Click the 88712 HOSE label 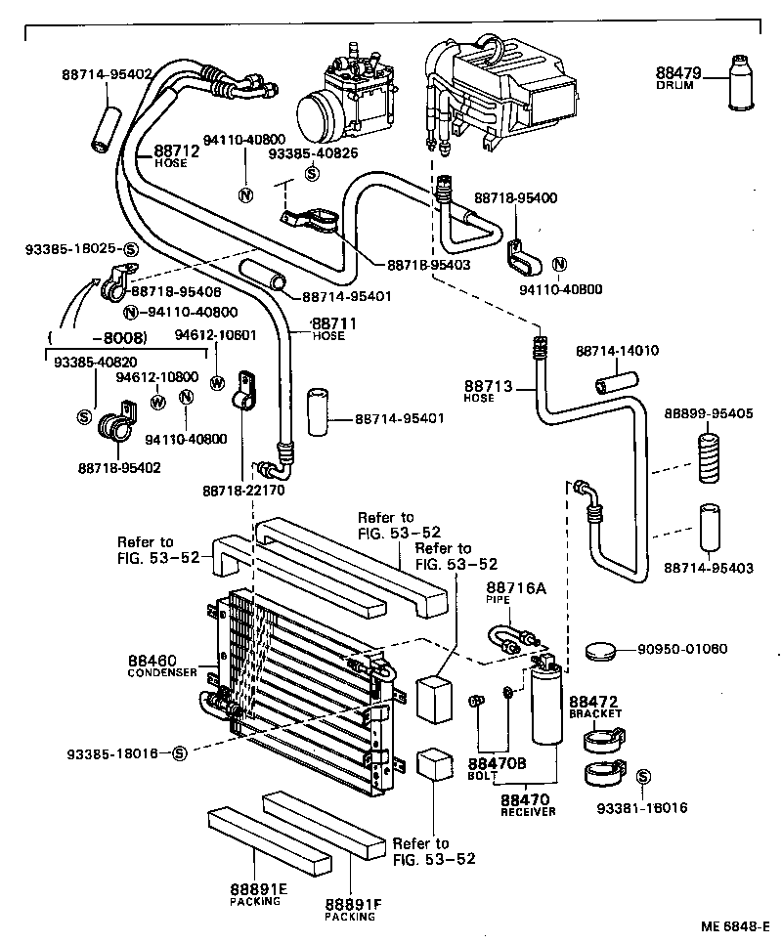(176, 155)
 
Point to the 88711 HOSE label (332, 327)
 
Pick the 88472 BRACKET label (595, 707)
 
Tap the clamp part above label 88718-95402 (115, 424)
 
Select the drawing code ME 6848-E (734, 925)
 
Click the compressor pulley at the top (320, 112)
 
